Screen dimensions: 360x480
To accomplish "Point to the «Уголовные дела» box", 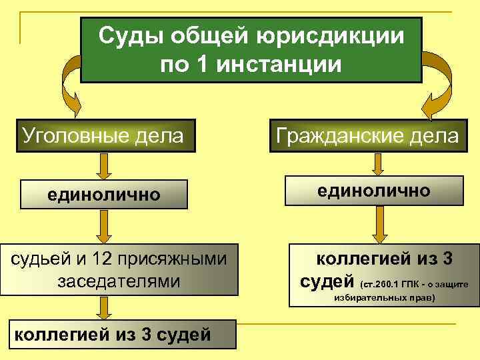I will (x=104, y=136).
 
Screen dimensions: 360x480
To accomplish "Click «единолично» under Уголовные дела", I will (x=103, y=195).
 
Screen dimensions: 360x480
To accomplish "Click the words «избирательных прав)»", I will (x=383, y=297).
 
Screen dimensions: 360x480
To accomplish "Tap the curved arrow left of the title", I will (x=70, y=83).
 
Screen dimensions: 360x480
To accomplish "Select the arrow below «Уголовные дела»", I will (x=103, y=166).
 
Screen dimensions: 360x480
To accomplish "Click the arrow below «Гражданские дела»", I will (x=378, y=163).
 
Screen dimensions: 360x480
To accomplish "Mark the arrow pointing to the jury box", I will (x=103, y=227).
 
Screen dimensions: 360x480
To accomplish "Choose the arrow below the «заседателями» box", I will (x=103, y=308).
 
